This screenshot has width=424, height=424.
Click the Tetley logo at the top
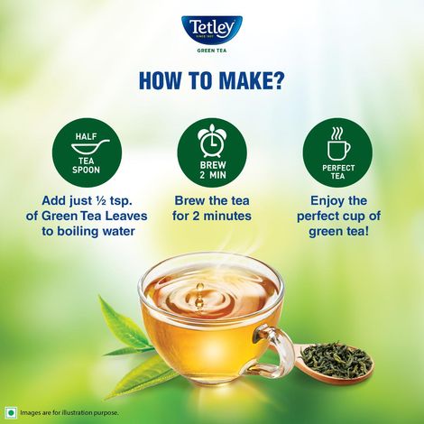click(x=211, y=31)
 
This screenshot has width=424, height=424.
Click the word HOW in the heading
click(x=161, y=81)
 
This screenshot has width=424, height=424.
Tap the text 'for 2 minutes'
click(x=211, y=216)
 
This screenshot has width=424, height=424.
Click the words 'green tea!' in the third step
click(x=337, y=233)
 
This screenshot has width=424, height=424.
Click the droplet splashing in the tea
click(x=199, y=291)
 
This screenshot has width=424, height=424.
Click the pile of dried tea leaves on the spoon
click(x=335, y=360)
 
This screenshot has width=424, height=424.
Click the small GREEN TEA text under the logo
click(x=211, y=51)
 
